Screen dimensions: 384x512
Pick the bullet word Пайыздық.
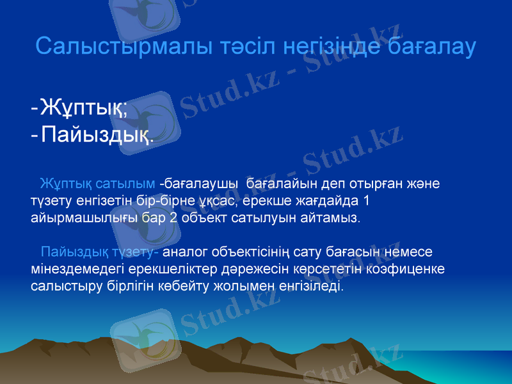pos(97,135)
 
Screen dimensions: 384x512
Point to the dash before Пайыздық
pos(33,135)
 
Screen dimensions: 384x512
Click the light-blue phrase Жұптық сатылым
pos(97,184)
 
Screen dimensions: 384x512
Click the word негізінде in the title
pos(329,47)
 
